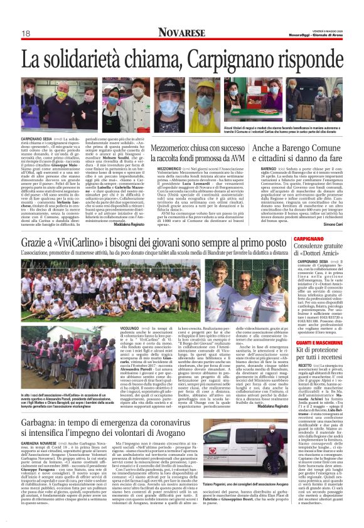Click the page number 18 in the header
point(26,33)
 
